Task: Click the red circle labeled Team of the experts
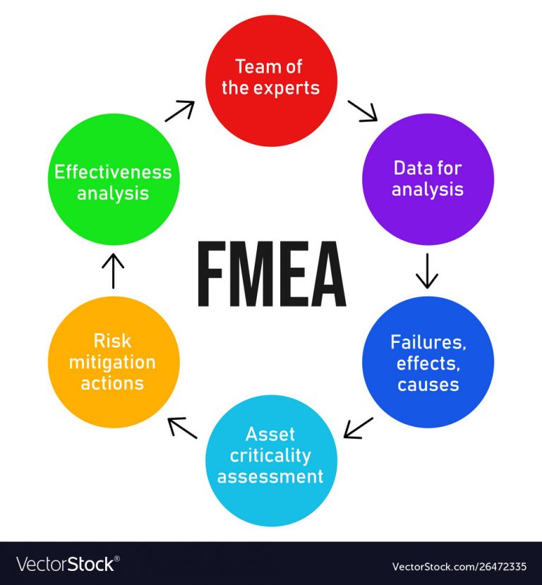pos(272,80)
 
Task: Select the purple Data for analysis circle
pos(428,179)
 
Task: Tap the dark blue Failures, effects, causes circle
pos(428,362)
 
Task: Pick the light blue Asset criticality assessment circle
pos(272,460)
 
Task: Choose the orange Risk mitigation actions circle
pos(114,362)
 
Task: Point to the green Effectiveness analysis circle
pos(114,179)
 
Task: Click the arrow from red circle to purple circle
pos(363,111)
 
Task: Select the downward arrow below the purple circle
pos(427,271)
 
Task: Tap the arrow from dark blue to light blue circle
pos(358,428)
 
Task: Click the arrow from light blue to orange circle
pos(182,428)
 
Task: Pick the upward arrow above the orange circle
pos(113,271)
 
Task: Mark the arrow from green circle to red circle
pos(180,111)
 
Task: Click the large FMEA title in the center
pos(272,274)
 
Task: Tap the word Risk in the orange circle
pos(112,341)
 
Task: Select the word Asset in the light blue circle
pos(270,434)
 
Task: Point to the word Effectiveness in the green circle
pos(113,172)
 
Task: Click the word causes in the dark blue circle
pos(428,385)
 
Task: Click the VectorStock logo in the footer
pos(68,564)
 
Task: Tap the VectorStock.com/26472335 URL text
pos(459,567)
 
